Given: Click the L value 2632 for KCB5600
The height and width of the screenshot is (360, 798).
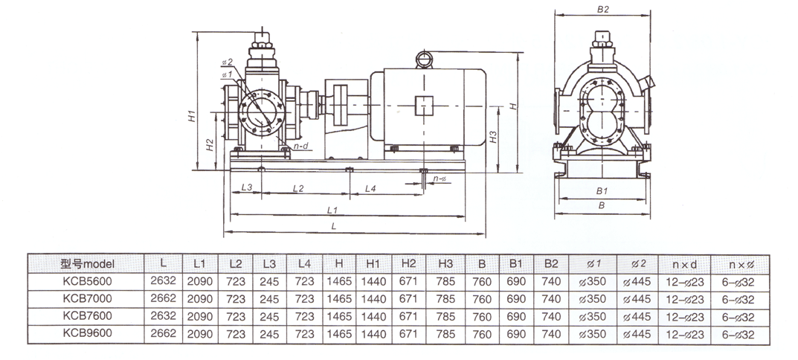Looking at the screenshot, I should [164, 280].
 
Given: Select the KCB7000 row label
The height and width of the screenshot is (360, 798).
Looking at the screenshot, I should [87, 298].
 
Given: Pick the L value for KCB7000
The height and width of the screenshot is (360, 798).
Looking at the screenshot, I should [164, 298].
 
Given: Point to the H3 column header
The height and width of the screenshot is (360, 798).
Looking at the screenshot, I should [445, 263].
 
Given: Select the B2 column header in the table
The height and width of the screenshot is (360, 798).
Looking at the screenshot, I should [551, 263].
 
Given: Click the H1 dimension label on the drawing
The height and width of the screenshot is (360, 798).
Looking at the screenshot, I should [191, 115].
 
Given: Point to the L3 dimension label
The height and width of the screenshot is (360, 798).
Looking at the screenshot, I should [248, 188].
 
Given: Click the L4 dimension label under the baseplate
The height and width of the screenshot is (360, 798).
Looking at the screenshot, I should [370, 188].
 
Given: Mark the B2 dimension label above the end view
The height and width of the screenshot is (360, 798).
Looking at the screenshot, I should [603, 10].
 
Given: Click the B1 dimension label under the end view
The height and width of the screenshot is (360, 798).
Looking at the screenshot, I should [602, 190].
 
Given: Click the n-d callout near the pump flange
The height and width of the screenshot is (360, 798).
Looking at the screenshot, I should [301, 147].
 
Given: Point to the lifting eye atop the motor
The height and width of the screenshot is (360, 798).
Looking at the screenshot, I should [424, 58].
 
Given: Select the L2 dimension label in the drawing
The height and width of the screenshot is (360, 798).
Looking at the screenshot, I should [297, 188].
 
